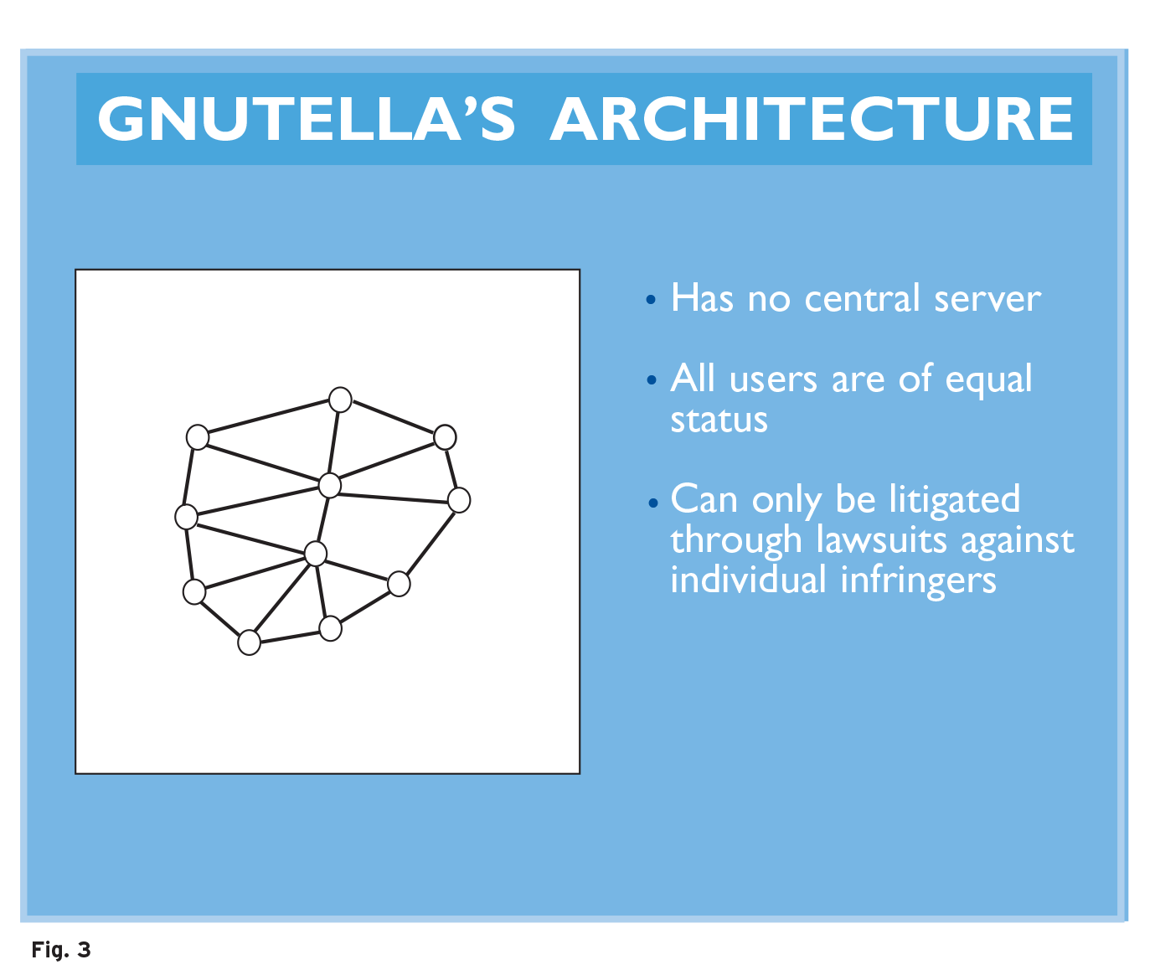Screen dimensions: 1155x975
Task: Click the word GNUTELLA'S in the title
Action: point(306,118)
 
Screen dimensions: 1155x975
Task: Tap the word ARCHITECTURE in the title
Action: point(812,118)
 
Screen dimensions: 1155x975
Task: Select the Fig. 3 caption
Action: point(61,950)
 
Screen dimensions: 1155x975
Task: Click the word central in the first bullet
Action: point(862,298)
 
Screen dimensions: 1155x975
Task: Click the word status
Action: point(719,420)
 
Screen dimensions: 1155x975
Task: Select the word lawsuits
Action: point(882,539)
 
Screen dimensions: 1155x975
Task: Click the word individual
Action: point(749,579)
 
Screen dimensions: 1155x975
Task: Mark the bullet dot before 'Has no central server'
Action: point(651,300)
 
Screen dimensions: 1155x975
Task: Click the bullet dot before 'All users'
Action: point(652,380)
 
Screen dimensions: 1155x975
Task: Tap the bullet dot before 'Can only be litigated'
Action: point(653,503)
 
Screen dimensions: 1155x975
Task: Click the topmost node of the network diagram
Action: point(340,400)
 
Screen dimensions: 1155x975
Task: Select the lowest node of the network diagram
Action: point(249,642)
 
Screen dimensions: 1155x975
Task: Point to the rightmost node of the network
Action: point(459,500)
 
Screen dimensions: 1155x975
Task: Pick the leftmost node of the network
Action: point(187,517)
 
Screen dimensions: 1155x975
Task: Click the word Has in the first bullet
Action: point(703,298)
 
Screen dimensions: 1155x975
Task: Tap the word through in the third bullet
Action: point(736,541)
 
